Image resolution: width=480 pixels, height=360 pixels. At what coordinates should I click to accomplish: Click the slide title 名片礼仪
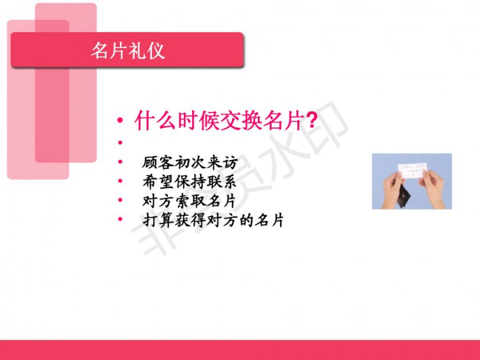pyautogui.click(x=128, y=51)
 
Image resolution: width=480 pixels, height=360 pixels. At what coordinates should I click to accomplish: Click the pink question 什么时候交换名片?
pyautogui.click(x=226, y=121)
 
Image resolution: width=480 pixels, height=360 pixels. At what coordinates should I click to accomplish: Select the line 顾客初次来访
pyautogui.click(x=190, y=162)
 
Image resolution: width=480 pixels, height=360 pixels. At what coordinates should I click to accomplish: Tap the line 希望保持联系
pyautogui.click(x=189, y=181)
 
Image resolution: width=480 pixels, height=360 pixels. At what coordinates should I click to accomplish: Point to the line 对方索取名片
pyautogui.click(x=189, y=201)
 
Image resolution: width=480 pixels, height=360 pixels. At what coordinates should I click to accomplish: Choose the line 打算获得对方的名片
pyautogui.click(x=213, y=220)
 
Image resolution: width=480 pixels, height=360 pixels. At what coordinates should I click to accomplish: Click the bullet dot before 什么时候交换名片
pyautogui.click(x=121, y=120)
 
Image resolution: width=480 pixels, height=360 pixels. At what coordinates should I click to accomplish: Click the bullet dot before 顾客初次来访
pyautogui.click(x=121, y=161)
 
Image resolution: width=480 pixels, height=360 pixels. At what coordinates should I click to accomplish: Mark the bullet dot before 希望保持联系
pyautogui.click(x=121, y=181)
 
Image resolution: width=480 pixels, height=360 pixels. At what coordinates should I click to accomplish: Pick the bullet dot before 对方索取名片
pyautogui.click(x=121, y=200)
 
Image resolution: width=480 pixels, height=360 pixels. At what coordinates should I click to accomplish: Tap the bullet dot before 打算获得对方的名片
pyautogui.click(x=121, y=219)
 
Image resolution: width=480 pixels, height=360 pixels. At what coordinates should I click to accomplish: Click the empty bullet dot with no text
pyautogui.click(x=121, y=142)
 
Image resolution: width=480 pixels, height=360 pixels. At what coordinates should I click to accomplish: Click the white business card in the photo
pyautogui.click(x=412, y=171)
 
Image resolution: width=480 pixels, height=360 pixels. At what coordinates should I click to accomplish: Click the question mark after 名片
pyautogui.click(x=311, y=121)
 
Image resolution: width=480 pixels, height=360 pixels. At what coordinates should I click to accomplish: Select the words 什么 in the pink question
pyautogui.click(x=155, y=121)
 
